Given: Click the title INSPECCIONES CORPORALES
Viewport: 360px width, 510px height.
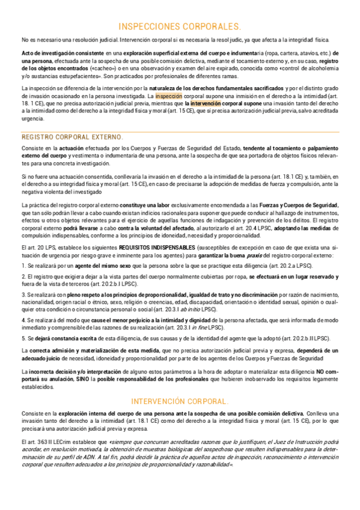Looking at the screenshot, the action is (x=180, y=26).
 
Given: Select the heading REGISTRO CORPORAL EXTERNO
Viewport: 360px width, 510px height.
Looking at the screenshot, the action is (x=72, y=137).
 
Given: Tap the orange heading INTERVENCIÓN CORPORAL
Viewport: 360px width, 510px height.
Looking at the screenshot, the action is (x=180, y=401).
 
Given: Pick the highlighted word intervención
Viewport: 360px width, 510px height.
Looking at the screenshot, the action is (x=209, y=103).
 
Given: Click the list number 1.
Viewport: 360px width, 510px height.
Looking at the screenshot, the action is (x=23, y=265).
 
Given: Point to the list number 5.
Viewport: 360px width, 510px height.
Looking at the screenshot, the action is (x=23, y=339).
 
